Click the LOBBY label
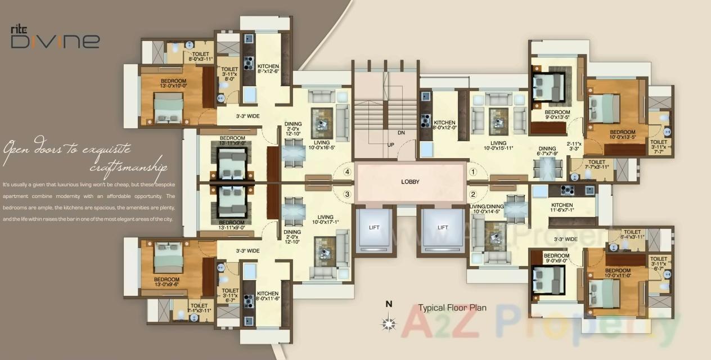[411, 182]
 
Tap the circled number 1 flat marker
[473, 172]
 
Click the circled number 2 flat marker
[473, 195]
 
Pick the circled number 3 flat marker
[348, 195]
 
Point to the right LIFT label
[443, 228]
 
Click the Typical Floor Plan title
[452, 308]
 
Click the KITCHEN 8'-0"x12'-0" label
[444, 125]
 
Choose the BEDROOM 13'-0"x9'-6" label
[166, 282]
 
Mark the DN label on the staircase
[400, 133]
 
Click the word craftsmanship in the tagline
[128, 168]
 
